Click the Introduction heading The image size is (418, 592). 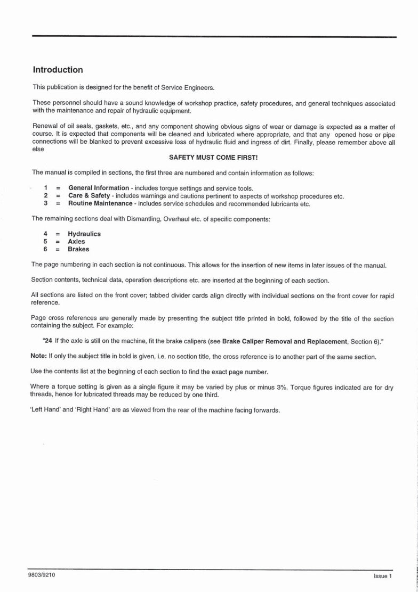click(58, 70)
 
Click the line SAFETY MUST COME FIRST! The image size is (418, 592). click(213, 158)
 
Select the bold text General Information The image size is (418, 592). click(99, 188)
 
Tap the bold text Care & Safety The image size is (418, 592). click(89, 196)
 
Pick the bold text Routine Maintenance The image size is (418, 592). click(100, 203)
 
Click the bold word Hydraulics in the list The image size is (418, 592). click(84, 234)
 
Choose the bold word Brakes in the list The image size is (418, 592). click(78, 249)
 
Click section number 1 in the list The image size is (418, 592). click(46, 188)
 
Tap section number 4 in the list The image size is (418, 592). click(46, 234)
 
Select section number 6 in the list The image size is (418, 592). click(46, 249)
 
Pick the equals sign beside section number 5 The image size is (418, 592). click(58, 241)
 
